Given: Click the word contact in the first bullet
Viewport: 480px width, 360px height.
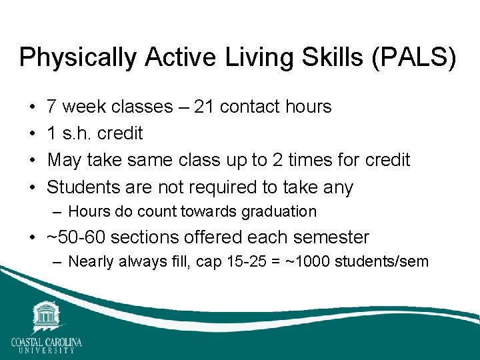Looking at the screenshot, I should coord(251,107).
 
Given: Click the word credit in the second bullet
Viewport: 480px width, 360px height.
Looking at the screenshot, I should coord(120,133).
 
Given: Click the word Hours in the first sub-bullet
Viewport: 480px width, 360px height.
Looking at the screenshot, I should coord(86,211).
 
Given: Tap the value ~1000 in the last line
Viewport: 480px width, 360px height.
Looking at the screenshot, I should coord(307,261).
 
